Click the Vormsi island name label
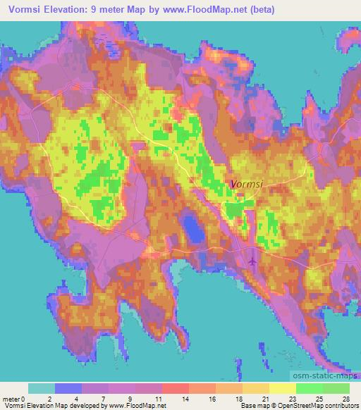tap(246, 185)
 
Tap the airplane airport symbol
tap(253, 261)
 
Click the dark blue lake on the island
tap(190, 229)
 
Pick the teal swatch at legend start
tap(42, 388)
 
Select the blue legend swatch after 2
tap(68, 388)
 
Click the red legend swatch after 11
tap(176, 388)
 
